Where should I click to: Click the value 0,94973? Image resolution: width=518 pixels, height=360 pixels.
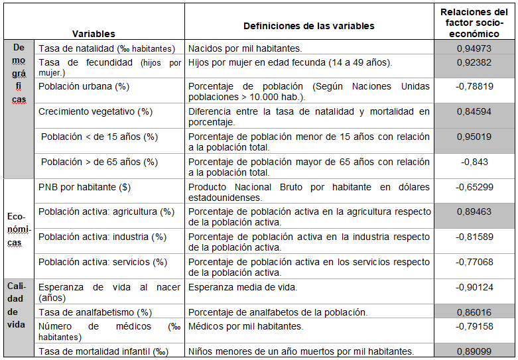[474, 48]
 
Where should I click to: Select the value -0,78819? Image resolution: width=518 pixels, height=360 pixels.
[474, 86]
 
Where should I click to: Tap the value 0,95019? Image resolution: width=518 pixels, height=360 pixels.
[474, 137]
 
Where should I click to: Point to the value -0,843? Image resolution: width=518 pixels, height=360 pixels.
[474, 162]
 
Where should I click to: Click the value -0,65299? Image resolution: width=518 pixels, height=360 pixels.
[474, 187]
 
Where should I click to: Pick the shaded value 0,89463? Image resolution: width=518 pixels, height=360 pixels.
[474, 211]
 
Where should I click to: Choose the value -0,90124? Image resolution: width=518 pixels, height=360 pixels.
[474, 287]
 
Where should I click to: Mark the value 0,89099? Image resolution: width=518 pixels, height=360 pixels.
[474, 351]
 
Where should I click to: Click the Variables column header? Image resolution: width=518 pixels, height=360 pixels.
[94, 33]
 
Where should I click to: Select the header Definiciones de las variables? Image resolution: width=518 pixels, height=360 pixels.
[308, 26]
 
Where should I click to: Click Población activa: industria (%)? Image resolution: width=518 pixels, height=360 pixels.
[102, 237]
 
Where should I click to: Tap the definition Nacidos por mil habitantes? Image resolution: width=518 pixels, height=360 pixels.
[245, 48]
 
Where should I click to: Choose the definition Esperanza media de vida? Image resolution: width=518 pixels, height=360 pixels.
[243, 287]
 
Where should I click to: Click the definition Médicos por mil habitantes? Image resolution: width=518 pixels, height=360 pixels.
[245, 326]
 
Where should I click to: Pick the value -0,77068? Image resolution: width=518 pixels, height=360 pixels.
[474, 262]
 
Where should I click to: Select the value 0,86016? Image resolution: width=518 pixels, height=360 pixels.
[474, 312]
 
